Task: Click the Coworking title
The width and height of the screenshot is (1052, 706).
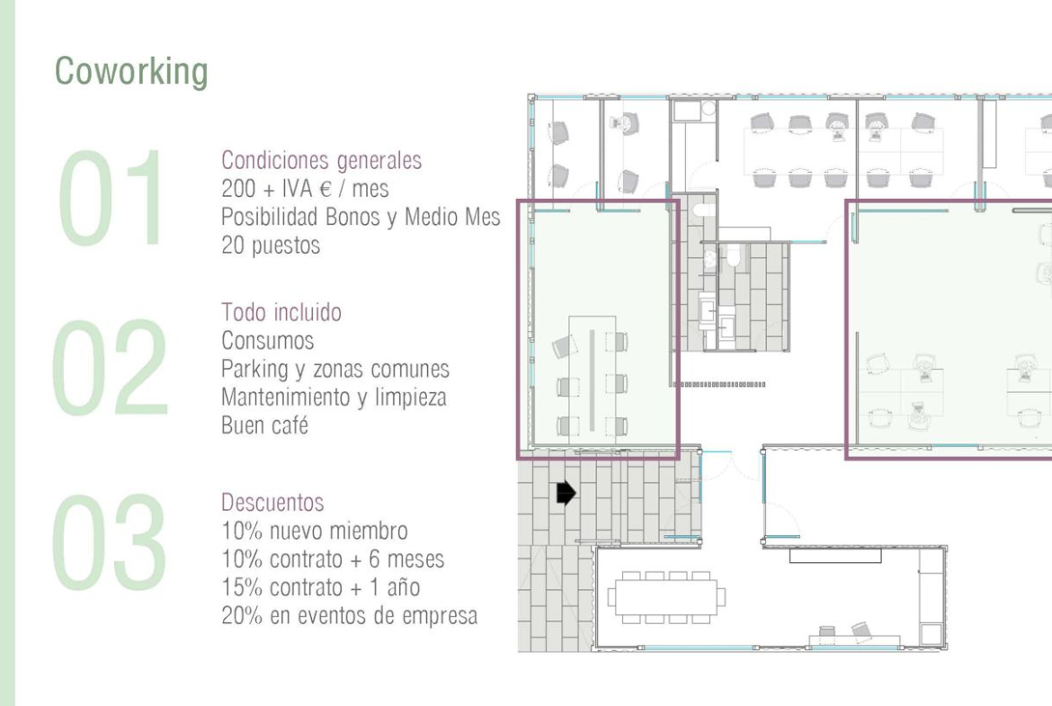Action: tap(131, 72)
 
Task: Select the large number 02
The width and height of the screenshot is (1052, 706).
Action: tap(110, 368)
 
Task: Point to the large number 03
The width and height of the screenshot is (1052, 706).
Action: tap(110, 542)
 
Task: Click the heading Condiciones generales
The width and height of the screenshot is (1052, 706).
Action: tap(321, 160)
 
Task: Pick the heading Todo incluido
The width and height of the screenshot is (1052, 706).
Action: tap(281, 312)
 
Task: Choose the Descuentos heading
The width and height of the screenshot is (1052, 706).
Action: tap(272, 502)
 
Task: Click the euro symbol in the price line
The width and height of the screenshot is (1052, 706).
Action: tap(325, 189)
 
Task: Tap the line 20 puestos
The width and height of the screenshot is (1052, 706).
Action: tap(271, 246)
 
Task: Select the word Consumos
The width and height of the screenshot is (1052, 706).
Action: tap(268, 341)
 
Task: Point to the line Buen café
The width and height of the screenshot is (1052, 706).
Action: tap(264, 424)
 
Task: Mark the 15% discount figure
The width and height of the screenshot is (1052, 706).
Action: tap(242, 587)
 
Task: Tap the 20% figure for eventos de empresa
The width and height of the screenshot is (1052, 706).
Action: tap(242, 615)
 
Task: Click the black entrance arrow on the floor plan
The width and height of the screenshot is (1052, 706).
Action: tap(566, 493)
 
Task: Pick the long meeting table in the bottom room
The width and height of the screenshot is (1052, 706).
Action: tap(666, 596)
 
